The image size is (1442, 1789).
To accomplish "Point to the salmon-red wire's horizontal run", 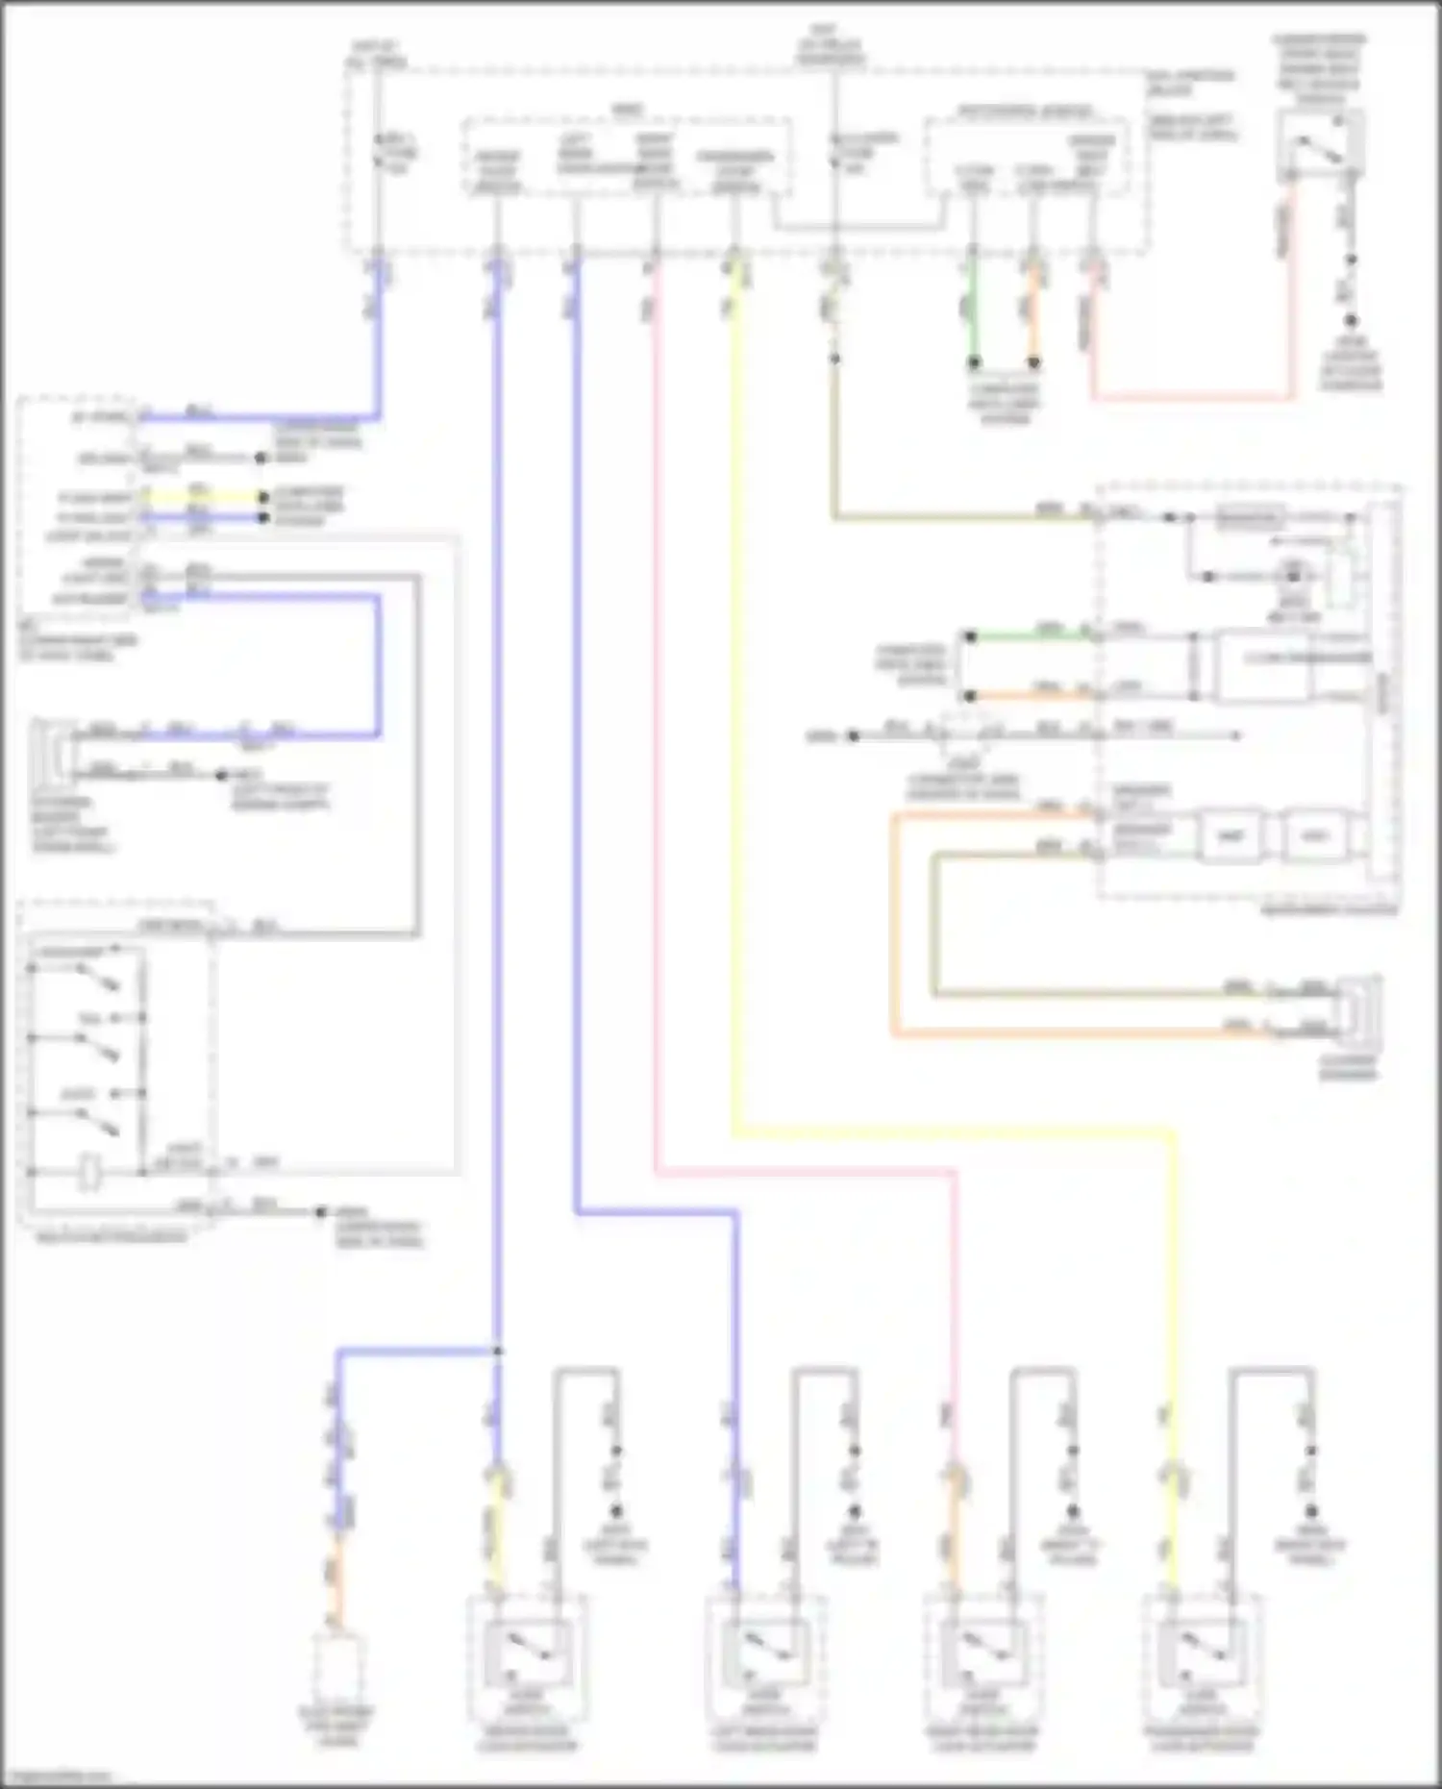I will click(x=1192, y=397).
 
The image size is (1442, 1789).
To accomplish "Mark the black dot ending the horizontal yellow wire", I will click(x=261, y=497).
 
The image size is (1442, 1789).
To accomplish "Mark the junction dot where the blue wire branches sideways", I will click(x=497, y=1352).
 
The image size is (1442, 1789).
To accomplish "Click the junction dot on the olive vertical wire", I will click(x=834, y=359).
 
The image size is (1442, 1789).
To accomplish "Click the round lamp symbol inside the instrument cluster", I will click(x=1293, y=576).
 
